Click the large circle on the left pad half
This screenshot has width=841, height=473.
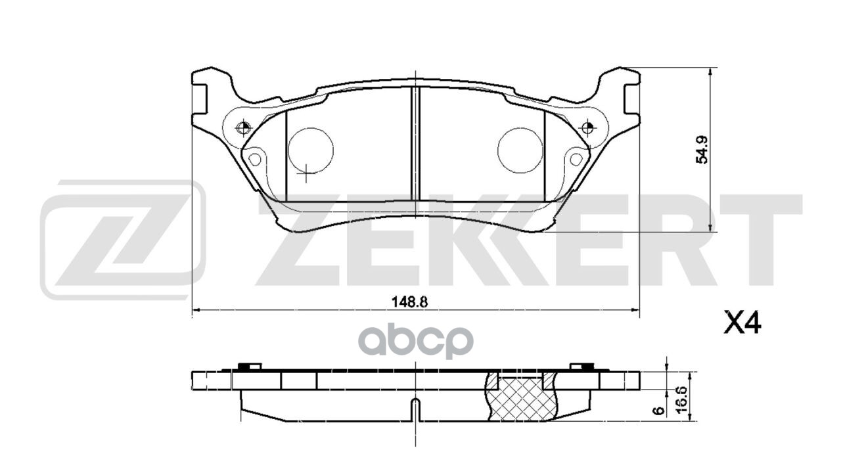click(311, 150)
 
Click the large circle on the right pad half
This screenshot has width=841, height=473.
click(520, 150)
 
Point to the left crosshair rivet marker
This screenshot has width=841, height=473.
click(243, 127)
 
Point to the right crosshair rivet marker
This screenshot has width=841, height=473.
click(587, 127)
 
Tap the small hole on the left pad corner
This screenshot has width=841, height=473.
click(254, 159)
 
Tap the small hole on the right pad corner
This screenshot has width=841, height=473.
click(576, 159)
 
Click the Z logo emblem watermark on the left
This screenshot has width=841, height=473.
click(123, 240)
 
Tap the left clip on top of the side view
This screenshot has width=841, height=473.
click(249, 367)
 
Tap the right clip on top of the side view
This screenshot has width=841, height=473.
click(581, 367)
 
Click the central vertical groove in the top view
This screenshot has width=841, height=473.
click(415, 143)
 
